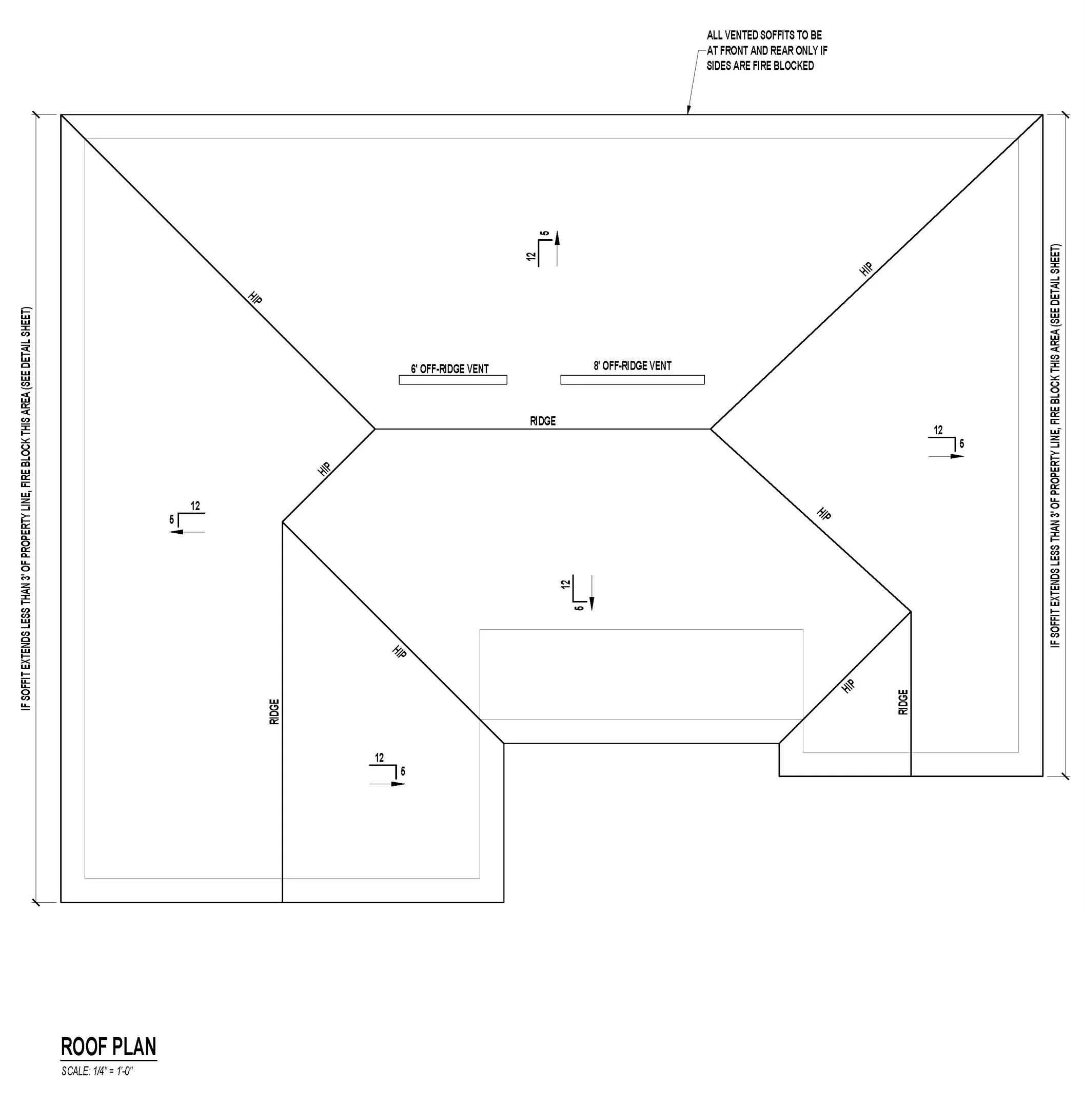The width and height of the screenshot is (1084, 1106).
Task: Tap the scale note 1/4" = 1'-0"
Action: pos(97,1071)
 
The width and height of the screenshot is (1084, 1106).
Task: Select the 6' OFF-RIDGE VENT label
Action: pos(449,369)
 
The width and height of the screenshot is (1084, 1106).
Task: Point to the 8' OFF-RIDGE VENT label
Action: pos(632,365)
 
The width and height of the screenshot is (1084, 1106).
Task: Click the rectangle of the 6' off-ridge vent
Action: pos(452,380)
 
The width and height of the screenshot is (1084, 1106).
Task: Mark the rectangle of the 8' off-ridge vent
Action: pos(632,380)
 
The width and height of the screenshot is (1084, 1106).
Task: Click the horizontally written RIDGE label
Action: pos(543,421)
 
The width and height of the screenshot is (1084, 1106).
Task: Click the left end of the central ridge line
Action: pos(375,429)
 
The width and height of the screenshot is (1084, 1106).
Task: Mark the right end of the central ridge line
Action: pos(711,429)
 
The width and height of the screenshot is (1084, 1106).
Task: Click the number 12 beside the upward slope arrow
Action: pos(531,256)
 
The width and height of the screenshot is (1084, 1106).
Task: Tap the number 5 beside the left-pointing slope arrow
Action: pos(171,520)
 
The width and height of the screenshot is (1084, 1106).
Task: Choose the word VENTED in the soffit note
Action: pos(742,35)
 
